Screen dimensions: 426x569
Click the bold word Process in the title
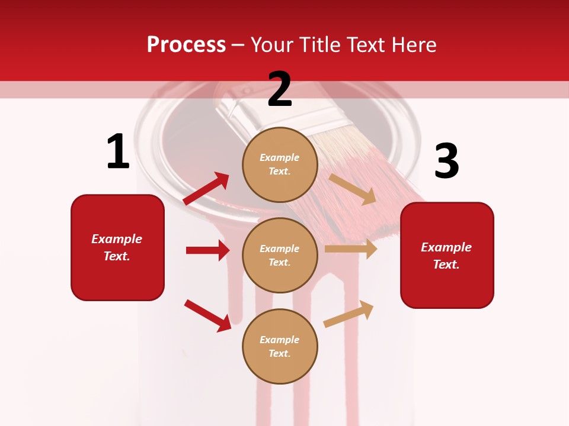[x=186, y=44]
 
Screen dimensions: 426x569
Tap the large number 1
[x=118, y=152]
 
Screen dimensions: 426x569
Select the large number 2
[x=280, y=89]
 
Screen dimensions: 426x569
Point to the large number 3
[x=446, y=162]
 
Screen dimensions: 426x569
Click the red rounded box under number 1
[x=117, y=247]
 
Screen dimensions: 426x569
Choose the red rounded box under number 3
[x=447, y=255]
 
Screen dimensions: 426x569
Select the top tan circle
[x=280, y=164]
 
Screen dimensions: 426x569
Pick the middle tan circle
[x=280, y=255]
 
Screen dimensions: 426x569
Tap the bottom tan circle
[x=280, y=346]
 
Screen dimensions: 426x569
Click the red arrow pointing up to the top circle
[x=206, y=189]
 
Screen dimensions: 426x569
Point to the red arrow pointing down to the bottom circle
[x=207, y=315]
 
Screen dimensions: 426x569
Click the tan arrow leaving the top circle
[x=353, y=189]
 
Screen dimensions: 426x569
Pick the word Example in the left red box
[x=117, y=239]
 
